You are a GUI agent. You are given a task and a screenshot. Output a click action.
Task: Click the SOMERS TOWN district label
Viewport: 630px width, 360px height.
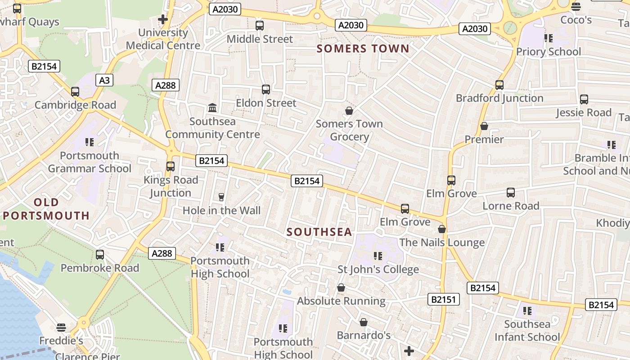(363, 49)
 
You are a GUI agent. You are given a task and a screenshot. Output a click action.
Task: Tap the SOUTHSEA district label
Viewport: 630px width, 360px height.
(319, 232)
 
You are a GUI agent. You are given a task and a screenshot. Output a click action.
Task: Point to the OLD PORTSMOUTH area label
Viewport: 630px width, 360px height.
(46, 209)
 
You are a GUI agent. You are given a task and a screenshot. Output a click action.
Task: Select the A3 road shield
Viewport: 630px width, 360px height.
(104, 81)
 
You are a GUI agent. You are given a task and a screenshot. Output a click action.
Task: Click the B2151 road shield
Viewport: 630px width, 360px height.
(443, 299)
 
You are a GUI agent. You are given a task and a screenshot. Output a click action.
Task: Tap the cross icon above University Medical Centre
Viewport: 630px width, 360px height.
(163, 19)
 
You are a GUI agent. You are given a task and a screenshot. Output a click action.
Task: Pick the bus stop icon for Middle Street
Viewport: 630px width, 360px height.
(260, 26)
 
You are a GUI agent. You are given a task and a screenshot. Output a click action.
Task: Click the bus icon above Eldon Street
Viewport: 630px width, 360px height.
(266, 90)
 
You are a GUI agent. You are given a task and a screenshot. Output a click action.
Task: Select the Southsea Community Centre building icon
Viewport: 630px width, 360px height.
(212, 108)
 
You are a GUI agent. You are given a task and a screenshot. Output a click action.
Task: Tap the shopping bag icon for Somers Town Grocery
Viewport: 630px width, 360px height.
(349, 110)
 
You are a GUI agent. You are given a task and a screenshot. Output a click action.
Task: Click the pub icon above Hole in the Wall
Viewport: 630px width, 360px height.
(221, 197)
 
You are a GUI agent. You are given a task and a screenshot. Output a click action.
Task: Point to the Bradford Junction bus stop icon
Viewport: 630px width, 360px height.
(499, 85)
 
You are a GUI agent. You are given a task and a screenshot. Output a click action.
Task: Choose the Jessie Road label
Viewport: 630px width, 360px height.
(584, 112)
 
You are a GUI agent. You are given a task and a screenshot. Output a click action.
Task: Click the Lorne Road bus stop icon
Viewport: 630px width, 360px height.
(511, 193)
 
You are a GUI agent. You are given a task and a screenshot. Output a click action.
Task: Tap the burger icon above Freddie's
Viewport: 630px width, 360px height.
(61, 327)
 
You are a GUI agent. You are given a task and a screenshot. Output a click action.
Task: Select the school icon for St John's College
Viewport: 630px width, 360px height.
(378, 256)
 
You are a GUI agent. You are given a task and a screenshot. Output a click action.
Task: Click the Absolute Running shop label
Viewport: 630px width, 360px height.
(341, 301)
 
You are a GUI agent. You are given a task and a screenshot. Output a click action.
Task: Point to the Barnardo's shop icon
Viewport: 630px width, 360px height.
(364, 322)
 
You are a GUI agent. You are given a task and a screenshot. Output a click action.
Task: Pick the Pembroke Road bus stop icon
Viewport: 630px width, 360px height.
(100, 255)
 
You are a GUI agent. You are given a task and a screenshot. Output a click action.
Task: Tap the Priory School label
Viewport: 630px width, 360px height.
(548, 52)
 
